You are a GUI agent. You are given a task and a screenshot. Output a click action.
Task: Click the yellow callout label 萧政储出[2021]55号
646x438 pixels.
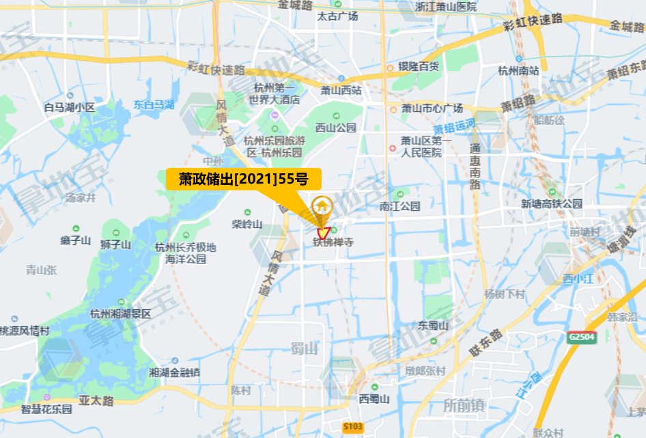click(x=243, y=180)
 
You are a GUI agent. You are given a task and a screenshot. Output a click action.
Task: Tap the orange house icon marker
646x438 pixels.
click(x=322, y=205)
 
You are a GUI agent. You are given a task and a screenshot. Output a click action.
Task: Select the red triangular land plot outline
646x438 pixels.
click(x=323, y=232)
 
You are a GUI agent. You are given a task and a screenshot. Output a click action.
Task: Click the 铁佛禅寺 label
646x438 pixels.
click(x=333, y=242)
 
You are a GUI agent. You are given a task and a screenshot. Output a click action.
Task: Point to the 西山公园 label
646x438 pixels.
click(x=336, y=128)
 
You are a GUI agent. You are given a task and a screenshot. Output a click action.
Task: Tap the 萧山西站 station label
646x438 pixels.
click(x=341, y=90)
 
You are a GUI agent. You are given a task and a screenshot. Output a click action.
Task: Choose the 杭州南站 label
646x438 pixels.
click(x=518, y=70)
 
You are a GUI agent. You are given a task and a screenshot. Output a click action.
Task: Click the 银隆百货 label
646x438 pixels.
click(x=419, y=67)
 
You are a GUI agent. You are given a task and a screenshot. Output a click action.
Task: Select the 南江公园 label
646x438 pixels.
click(x=400, y=206)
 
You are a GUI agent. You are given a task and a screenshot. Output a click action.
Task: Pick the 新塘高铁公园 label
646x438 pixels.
click(x=552, y=204)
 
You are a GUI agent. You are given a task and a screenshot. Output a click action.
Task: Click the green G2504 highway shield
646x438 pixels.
click(x=581, y=337)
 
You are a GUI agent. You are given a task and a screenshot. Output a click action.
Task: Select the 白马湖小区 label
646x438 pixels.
click(x=69, y=107)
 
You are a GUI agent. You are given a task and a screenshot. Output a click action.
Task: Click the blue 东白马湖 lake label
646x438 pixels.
click(x=154, y=104)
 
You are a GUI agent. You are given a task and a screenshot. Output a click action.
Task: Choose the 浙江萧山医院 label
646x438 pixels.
click(x=446, y=7)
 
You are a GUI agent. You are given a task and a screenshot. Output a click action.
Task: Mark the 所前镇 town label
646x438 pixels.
click(x=464, y=405)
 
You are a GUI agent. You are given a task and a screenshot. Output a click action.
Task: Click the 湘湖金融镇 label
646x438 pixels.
click(x=174, y=373)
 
